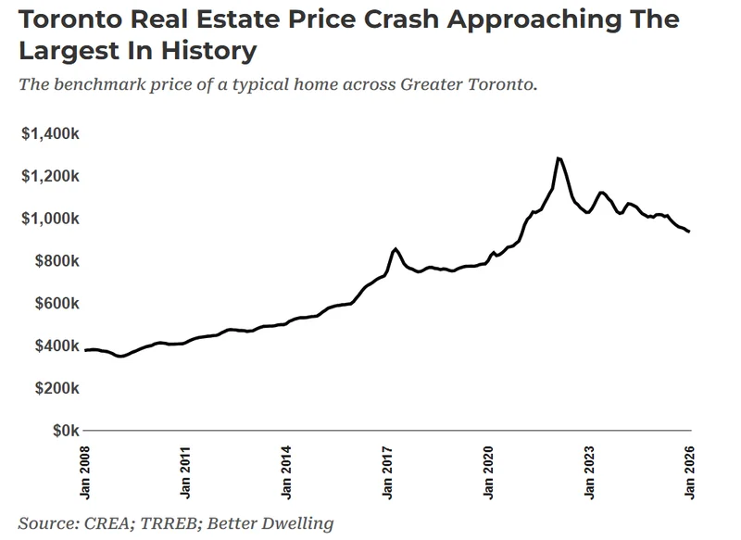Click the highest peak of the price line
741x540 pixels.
[x=558, y=157]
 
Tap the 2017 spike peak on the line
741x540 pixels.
[x=396, y=248]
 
